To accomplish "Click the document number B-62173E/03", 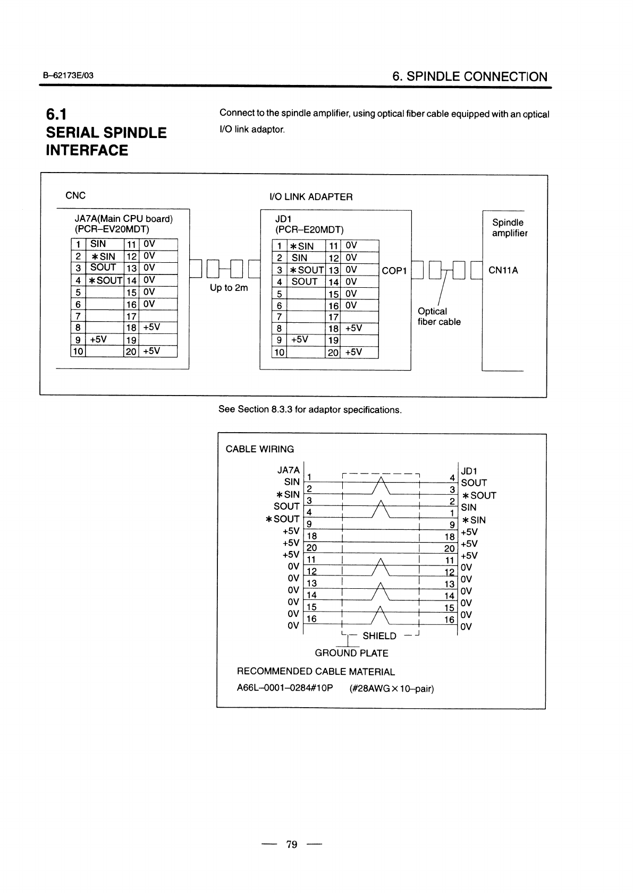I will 69,76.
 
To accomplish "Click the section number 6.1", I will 56,114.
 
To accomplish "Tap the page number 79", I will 292,844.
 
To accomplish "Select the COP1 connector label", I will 394,271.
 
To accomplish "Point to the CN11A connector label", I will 503,270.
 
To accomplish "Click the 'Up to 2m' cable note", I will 229,288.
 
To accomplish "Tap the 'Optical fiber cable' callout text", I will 439,316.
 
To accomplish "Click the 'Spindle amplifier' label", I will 509,228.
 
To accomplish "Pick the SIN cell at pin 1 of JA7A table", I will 98,244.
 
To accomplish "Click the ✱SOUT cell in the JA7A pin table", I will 105,280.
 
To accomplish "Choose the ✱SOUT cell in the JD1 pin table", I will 306,270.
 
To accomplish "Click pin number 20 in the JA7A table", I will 131,351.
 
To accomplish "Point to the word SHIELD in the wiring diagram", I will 379,636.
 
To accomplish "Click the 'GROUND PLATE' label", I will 351,653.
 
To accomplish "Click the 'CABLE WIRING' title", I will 259,449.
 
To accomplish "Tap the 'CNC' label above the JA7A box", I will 75,195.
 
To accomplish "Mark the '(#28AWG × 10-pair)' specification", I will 392,689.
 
